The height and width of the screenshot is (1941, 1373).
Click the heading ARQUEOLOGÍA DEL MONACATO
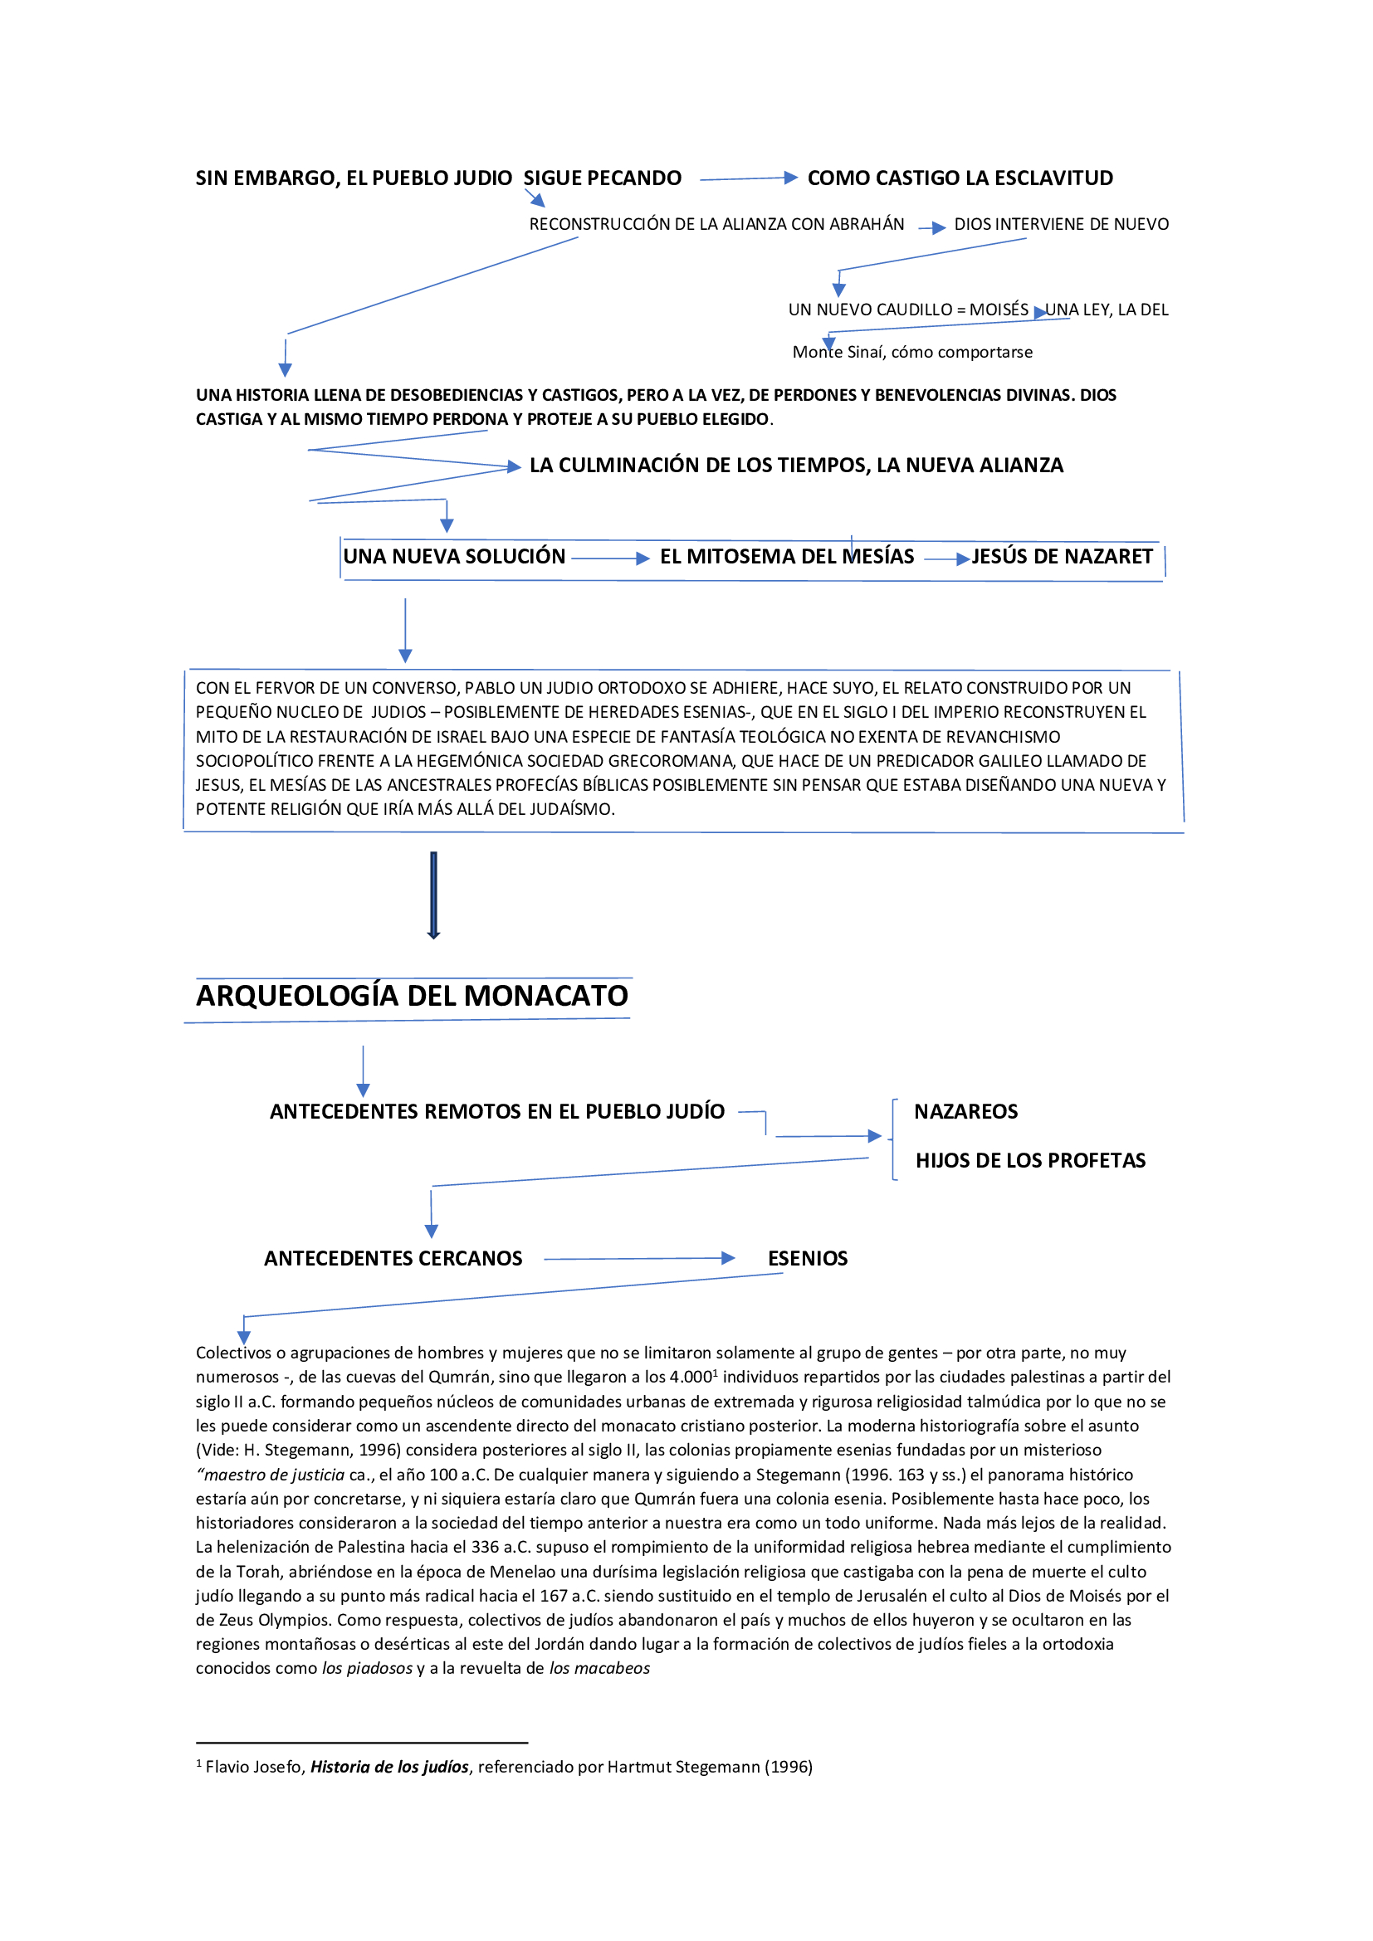click(x=412, y=996)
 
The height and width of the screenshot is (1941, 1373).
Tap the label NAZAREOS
click(x=965, y=1112)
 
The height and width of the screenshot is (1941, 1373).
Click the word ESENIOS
click(x=808, y=1259)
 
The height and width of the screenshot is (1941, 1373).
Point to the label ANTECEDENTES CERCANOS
click(x=393, y=1259)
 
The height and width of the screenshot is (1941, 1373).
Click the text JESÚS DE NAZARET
click(x=1062, y=556)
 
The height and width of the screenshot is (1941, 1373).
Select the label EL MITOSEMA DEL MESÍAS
click(x=786, y=556)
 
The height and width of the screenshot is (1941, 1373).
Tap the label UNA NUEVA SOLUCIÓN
click(x=454, y=556)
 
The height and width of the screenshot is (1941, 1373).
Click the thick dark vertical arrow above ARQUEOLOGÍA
click(x=433, y=895)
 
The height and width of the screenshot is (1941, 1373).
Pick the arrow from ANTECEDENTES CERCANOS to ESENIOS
click(x=639, y=1259)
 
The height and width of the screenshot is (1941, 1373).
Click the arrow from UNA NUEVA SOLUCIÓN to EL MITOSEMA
click(x=610, y=558)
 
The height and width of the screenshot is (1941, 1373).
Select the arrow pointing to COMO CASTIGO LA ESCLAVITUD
click(x=748, y=178)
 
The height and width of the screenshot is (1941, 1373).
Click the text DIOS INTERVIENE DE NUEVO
click(x=1061, y=224)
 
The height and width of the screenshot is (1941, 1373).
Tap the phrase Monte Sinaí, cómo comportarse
click(x=912, y=353)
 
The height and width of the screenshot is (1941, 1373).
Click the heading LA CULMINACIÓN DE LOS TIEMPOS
click(x=795, y=465)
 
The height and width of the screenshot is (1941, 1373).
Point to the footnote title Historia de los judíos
click(x=388, y=1767)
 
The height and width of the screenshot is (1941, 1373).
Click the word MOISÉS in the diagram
click(x=999, y=310)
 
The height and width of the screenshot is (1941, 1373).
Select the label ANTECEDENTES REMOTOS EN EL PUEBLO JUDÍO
click(x=497, y=1112)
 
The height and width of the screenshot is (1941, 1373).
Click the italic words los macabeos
click(x=599, y=1668)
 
